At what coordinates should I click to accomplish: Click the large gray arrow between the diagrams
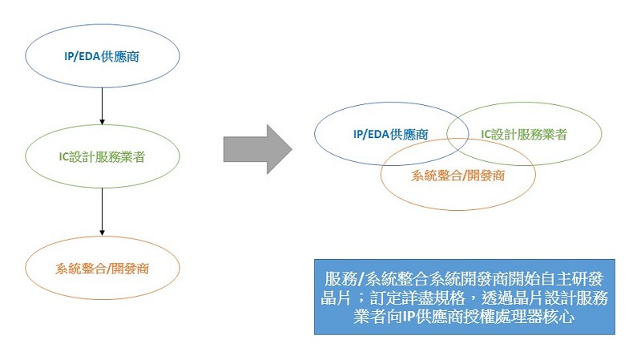click(x=257, y=149)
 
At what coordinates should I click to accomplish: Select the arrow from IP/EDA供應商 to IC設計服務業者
click(x=103, y=106)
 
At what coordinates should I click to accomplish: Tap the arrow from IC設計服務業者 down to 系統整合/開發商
click(x=103, y=212)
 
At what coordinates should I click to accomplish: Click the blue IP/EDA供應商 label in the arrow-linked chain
click(x=102, y=56)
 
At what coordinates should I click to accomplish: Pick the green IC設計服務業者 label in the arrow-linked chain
click(x=102, y=156)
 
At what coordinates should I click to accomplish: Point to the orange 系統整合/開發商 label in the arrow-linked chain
click(x=103, y=269)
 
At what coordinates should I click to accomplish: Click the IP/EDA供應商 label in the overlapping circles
click(x=390, y=134)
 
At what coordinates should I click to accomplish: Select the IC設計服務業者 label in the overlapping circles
click(x=524, y=134)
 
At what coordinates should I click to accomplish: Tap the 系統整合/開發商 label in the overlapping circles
click(x=458, y=176)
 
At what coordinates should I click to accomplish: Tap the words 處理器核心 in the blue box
click(x=535, y=317)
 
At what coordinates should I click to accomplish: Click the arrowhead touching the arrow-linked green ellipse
click(x=103, y=122)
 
